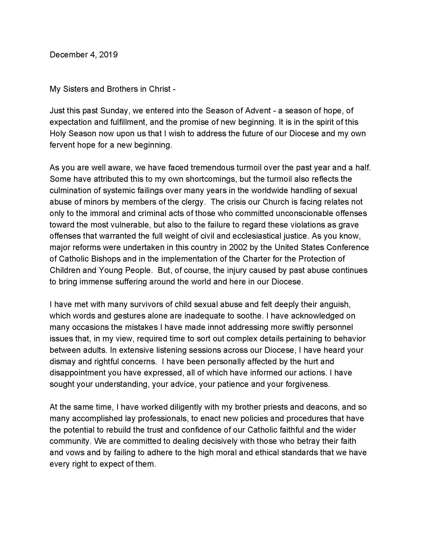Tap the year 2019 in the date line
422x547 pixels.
pos(108,55)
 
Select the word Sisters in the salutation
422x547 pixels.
pos(75,89)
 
